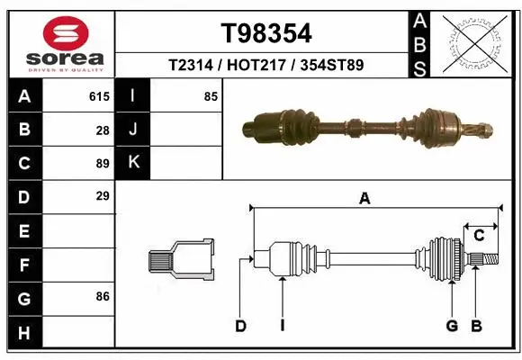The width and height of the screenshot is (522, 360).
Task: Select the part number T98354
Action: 266,33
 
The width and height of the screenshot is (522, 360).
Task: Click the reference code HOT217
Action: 266,66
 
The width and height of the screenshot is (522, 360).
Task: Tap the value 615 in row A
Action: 99,96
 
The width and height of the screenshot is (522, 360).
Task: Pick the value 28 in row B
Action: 102,130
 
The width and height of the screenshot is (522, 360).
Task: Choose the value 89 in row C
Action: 102,163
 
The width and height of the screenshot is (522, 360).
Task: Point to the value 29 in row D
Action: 102,195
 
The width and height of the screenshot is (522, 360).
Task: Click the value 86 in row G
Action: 102,295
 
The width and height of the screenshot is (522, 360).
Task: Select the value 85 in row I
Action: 210,96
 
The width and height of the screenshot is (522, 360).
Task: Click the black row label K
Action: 133,163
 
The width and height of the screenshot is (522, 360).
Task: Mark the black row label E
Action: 23,230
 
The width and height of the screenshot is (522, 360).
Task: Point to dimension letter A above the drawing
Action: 364,199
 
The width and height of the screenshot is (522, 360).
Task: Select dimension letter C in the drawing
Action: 479,236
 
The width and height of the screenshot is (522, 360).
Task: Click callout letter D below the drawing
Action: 241,326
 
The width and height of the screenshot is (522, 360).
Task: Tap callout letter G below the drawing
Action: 452,326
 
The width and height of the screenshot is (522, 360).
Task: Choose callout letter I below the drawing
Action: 282,326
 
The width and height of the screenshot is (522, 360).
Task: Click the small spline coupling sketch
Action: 182,261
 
